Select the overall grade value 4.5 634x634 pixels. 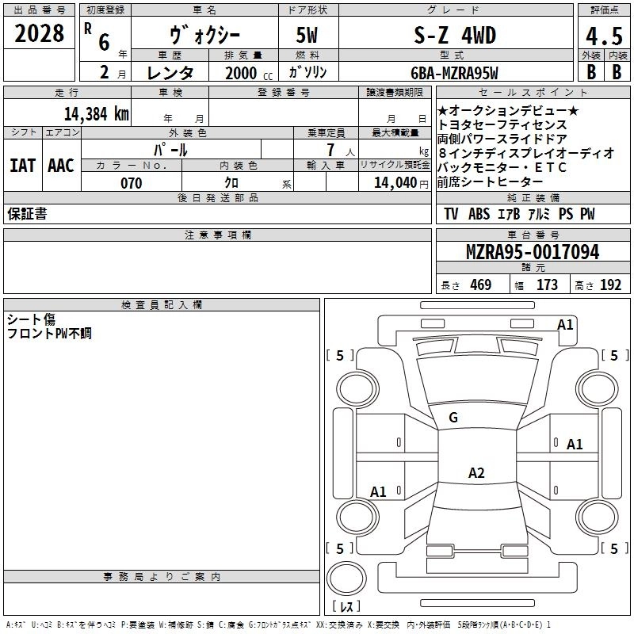click(603, 36)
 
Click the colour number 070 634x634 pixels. click(131, 183)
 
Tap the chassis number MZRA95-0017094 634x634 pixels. click(532, 253)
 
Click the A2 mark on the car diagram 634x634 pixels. click(476, 473)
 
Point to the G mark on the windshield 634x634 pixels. click(453, 418)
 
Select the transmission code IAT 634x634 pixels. click(23, 166)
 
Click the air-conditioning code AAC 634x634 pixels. click(60, 166)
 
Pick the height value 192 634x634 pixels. click(610, 285)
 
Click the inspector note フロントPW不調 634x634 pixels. click(49, 334)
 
